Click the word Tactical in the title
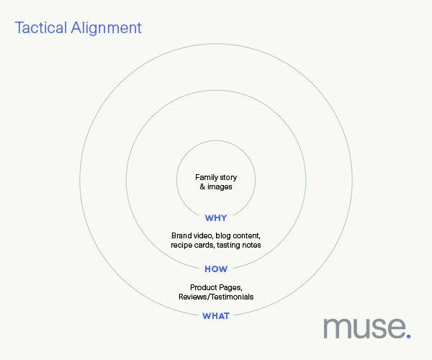[41, 27]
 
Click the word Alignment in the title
[106, 27]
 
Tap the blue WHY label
[216, 218]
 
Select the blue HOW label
[216, 269]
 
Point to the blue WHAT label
[216, 315]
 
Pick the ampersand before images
[202, 186]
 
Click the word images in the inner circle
[220, 186]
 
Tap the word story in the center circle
[228, 178]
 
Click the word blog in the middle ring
[223, 235]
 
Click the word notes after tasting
[253, 245]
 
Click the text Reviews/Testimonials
[216, 297]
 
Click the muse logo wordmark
[367, 328]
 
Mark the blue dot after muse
[408, 336]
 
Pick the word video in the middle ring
[203, 235]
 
